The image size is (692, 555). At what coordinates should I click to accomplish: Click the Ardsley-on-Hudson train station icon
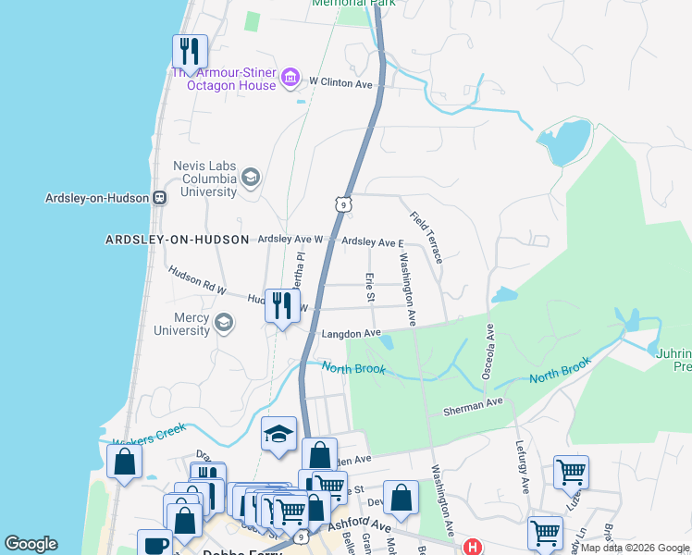160,197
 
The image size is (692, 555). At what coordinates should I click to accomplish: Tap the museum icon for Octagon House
290,76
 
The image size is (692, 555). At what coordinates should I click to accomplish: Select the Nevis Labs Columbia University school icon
250,176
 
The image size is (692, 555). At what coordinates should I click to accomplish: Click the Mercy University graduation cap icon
223,322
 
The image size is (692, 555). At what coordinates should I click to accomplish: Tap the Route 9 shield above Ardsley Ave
343,203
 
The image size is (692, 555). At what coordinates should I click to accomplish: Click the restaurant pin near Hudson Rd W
282,305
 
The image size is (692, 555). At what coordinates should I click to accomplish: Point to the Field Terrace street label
426,237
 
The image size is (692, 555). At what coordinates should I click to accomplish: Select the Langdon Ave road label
351,333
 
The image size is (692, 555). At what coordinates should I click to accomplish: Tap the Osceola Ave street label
488,351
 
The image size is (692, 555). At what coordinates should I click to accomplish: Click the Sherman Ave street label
472,404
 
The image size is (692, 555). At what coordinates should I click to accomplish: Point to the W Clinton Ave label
340,83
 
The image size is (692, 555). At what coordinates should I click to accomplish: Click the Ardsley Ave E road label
373,242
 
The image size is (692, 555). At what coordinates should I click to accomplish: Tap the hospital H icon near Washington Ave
473,547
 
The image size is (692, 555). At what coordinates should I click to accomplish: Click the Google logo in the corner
31,544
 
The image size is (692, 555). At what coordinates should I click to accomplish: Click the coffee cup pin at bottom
154,544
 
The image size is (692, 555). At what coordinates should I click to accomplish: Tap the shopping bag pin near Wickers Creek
124,461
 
